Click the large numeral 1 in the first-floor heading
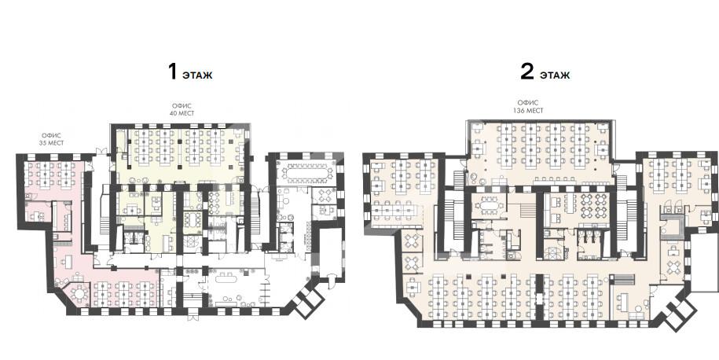(x=172, y=72)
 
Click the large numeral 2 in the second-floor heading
(x=526, y=72)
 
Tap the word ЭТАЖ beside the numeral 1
(x=197, y=75)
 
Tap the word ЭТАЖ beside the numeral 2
(x=555, y=75)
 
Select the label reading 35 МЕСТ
(x=53, y=144)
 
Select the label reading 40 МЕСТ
(x=182, y=113)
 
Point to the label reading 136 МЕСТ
(x=528, y=111)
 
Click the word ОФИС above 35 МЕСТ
(x=53, y=136)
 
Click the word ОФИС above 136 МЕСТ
(x=528, y=103)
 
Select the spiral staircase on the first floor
(x=189, y=241)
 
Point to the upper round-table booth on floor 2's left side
(x=413, y=240)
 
